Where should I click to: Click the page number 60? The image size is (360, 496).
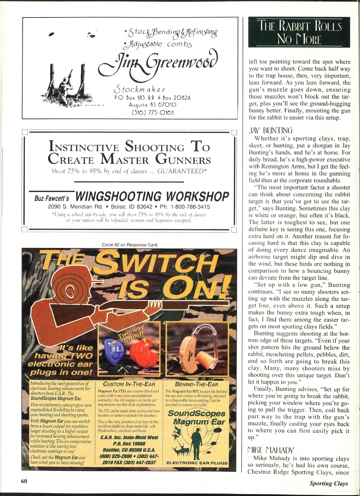(x=24, y=481)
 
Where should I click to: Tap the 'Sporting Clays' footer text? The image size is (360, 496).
(x=329, y=483)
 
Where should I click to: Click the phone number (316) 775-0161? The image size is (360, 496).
(x=153, y=112)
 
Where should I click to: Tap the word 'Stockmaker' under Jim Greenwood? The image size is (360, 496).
(x=139, y=89)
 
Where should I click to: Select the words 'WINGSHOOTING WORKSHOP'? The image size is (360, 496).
(x=152, y=196)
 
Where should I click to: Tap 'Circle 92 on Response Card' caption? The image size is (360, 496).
(x=130, y=245)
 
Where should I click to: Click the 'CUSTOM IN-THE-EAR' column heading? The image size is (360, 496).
(x=129, y=384)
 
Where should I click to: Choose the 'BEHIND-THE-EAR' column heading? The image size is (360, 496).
(x=196, y=384)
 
